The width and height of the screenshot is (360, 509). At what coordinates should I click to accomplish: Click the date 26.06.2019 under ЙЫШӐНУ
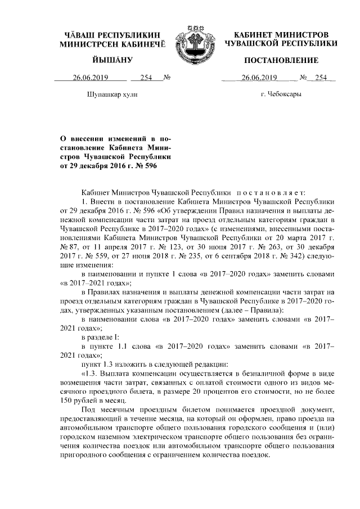(x=89, y=78)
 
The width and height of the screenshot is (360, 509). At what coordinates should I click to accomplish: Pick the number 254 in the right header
(x=321, y=78)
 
